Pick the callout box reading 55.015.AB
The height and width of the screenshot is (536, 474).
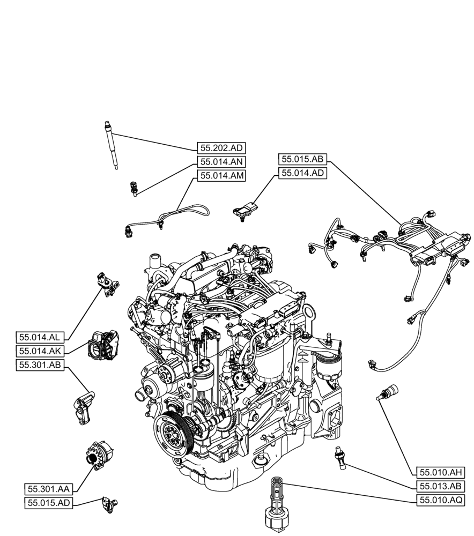click(x=302, y=159)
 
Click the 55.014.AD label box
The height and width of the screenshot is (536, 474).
click(x=302, y=173)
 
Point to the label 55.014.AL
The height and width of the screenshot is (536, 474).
click(x=41, y=337)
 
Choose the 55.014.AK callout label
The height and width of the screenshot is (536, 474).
click(x=41, y=351)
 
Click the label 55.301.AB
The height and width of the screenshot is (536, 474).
click(x=41, y=365)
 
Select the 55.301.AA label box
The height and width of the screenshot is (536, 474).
click(x=50, y=489)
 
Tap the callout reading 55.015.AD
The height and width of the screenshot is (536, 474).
click(x=50, y=503)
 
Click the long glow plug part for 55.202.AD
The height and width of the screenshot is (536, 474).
click(x=111, y=145)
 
